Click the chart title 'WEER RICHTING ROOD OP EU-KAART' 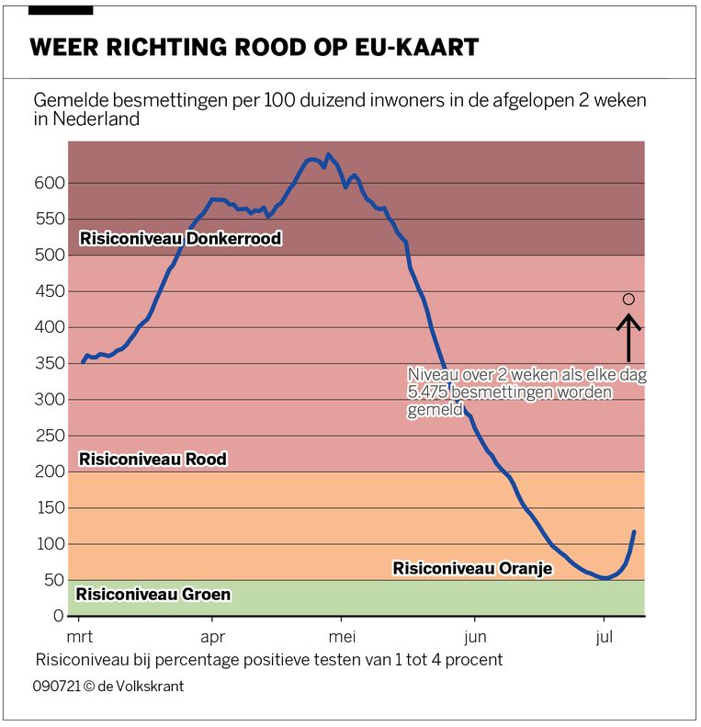254,48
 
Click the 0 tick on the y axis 57,616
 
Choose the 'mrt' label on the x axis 82,637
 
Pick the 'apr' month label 212,637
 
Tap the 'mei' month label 342,637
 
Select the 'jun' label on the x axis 475,637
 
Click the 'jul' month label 605,637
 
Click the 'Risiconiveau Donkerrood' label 180,239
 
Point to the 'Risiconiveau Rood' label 153,459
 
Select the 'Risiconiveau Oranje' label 472,569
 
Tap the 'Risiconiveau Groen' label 153,595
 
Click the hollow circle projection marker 628,299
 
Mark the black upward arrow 628,337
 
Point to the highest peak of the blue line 328,155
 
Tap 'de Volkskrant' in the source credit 140,687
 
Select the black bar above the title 61,9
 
